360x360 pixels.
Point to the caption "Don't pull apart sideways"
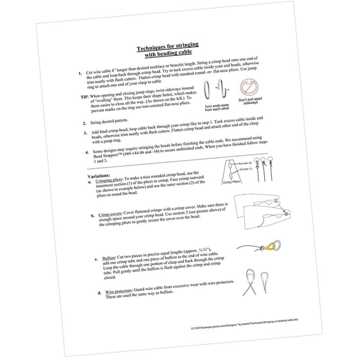(x=248, y=101)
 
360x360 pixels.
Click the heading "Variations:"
(x=98, y=176)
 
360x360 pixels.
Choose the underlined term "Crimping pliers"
(x=109, y=180)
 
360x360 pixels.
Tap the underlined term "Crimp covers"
(x=110, y=215)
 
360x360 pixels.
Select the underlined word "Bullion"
(x=108, y=258)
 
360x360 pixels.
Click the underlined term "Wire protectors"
(x=118, y=291)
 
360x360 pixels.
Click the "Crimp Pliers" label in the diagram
(x=232, y=182)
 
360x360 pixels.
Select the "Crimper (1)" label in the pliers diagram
(x=246, y=169)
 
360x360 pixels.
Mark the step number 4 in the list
(x=87, y=152)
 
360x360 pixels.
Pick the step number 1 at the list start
(x=80, y=73)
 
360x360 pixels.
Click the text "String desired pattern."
(x=109, y=121)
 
